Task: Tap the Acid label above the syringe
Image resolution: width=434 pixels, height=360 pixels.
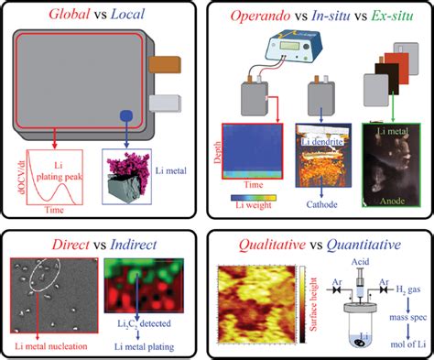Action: pyautogui.click(x=356, y=263)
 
